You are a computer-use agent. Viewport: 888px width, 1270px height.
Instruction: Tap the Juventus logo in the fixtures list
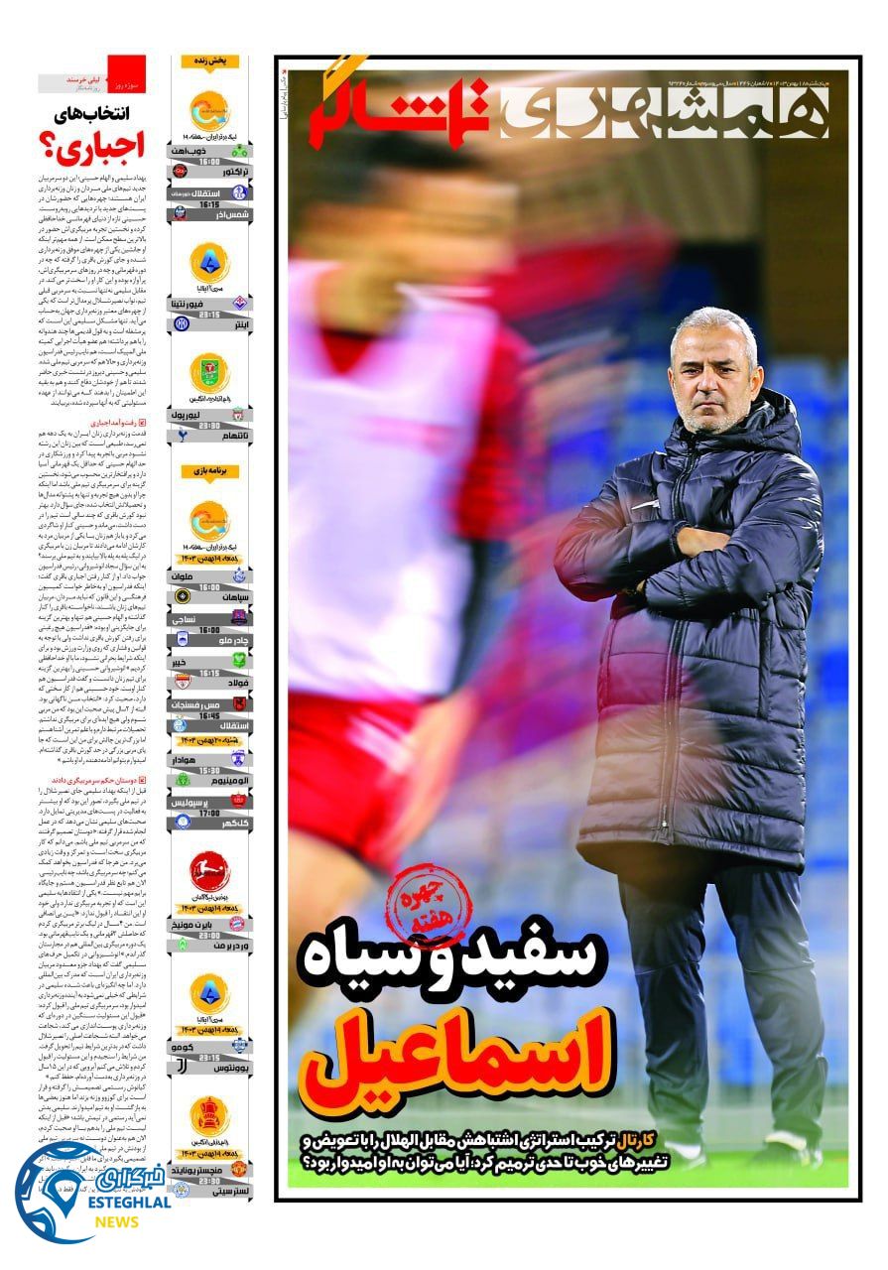click(182, 1069)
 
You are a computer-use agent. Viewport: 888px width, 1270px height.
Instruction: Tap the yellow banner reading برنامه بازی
click(210, 471)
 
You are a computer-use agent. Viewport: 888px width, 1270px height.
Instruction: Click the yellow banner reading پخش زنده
click(210, 61)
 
